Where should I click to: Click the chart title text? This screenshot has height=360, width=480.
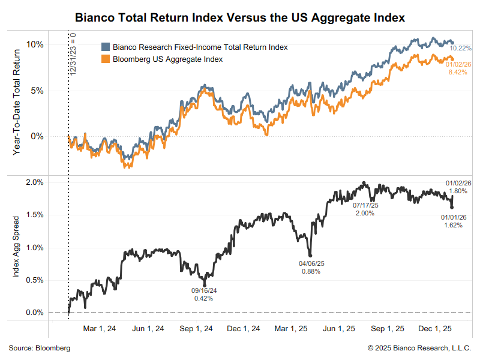pos(240,18)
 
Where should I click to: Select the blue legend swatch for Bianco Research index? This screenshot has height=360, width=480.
pos(106,47)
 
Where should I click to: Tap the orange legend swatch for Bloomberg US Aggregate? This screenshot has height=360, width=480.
pos(106,59)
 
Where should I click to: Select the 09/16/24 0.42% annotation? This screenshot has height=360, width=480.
pos(204,295)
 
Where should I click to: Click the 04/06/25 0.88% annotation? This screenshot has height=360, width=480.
pos(310,267)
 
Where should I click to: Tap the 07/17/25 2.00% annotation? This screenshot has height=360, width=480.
pos(364,209)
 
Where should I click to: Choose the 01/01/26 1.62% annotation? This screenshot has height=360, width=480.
pos(454,221)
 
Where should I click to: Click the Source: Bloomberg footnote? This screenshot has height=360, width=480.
pos(40,348)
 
